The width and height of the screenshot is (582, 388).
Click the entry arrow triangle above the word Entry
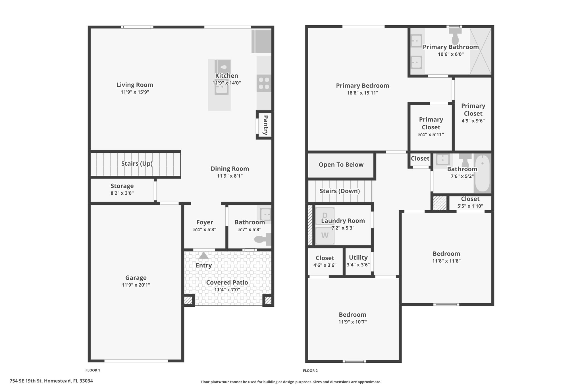[203, 255]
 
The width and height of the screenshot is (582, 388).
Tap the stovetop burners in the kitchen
[264, 83]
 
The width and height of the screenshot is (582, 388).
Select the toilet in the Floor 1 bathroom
[263, 239]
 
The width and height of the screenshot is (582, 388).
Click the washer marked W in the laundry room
[325, 235]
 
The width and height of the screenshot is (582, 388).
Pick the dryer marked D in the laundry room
[325, 216]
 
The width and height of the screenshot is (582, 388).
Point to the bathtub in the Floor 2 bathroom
[482, 173]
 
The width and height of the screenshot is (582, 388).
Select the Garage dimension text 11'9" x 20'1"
[136, 285]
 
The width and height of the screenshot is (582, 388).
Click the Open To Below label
[341, 165]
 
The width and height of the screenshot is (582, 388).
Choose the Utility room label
[358, 258]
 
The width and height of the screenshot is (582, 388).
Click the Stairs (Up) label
[137, 163]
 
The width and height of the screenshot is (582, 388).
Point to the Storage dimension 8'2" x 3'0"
[122, 193]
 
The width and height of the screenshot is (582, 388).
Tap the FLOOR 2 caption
[310, 371]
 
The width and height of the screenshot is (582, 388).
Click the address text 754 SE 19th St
[26, 381]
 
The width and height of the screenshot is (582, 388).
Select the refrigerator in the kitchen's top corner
[261, 41]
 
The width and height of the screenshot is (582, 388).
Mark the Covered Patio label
[227, 283]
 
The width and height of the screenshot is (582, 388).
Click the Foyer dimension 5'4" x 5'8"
[205, 229]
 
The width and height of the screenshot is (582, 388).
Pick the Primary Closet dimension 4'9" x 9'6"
[473, 121]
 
